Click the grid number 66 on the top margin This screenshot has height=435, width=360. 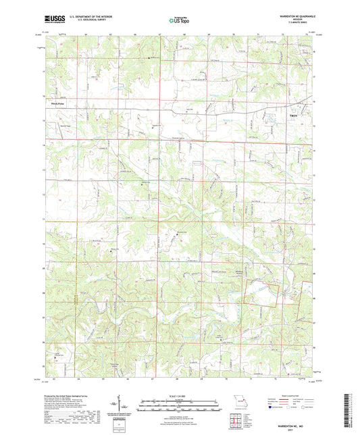[x=135, y=33]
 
